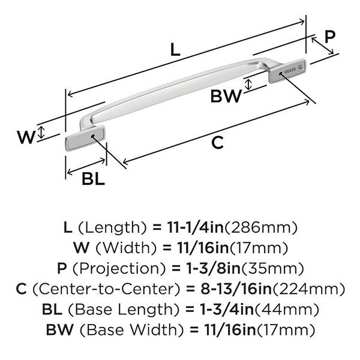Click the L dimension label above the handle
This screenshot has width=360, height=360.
click(x=175, y=50)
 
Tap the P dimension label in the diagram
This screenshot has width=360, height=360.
click(x=329, y=37)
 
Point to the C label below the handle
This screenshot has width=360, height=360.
click(x=218, y=143)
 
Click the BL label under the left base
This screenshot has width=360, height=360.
click(x=93, y=179)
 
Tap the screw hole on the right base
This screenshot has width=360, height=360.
click(x=279, y=74)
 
